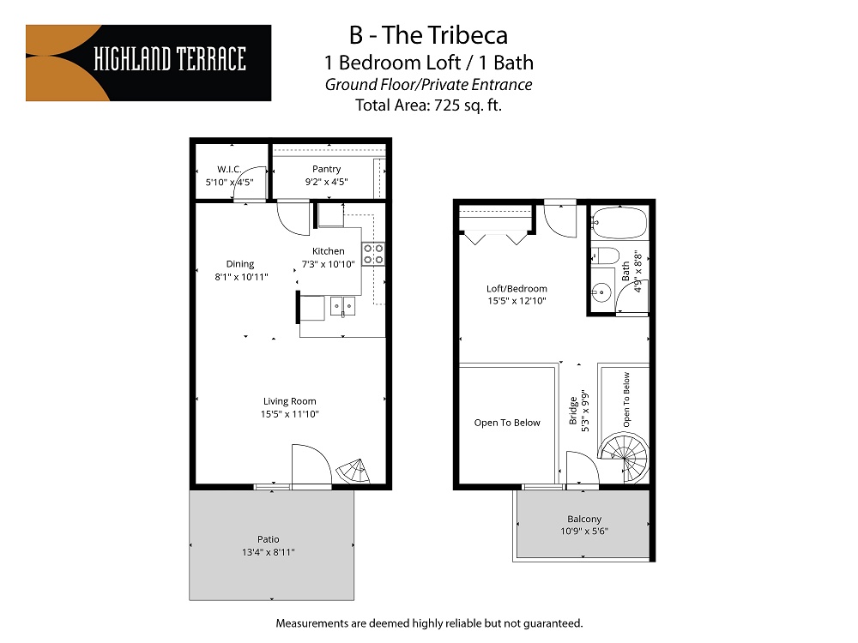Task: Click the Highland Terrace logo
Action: [x=148, y=63]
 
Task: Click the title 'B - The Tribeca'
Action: [x=428, y=35]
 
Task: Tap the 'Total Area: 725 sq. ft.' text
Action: [x=428, y=105]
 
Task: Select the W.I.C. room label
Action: [x=229, y=169]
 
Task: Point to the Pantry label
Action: [x=326, y=169]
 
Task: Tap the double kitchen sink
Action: [x=343, y=306]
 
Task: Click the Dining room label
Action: [x=240, y=264]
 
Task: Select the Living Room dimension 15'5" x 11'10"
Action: [x=290, y=414]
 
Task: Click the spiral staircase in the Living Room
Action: [x=352, y=470]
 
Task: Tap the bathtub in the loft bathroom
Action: [x=619, y=223]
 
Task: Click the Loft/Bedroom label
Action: [x=517, y=289]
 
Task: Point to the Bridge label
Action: [x=573, y=410]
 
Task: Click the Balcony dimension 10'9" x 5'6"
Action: [x=584, y=531]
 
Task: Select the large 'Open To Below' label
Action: [x=507, y=423]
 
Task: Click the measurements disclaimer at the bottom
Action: [x=429, y=622]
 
